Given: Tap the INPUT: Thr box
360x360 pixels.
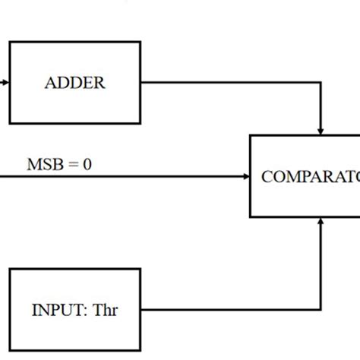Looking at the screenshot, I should (x=74, y=309).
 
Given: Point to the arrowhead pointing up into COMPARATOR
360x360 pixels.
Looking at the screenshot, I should (x=324, y=221).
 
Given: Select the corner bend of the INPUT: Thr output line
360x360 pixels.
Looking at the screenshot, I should (x=324, y=309).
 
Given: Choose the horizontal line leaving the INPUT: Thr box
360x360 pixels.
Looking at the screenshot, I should (x=228, y=309).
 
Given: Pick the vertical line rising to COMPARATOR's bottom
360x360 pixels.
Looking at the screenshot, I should (x=324, y=266).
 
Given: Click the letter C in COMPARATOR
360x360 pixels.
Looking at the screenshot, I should (x=267, y=177).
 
